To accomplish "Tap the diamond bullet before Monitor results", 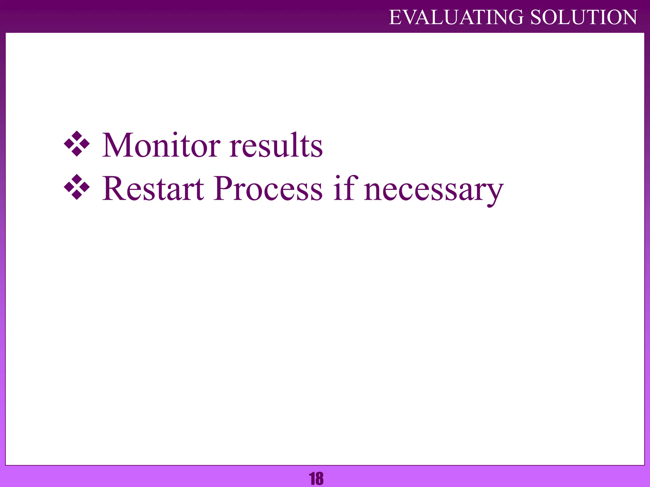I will point(77,144).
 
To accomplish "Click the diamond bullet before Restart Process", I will point(77,187).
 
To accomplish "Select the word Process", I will point(268,189).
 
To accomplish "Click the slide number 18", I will point(316,479).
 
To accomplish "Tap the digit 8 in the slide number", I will point(319,479).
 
